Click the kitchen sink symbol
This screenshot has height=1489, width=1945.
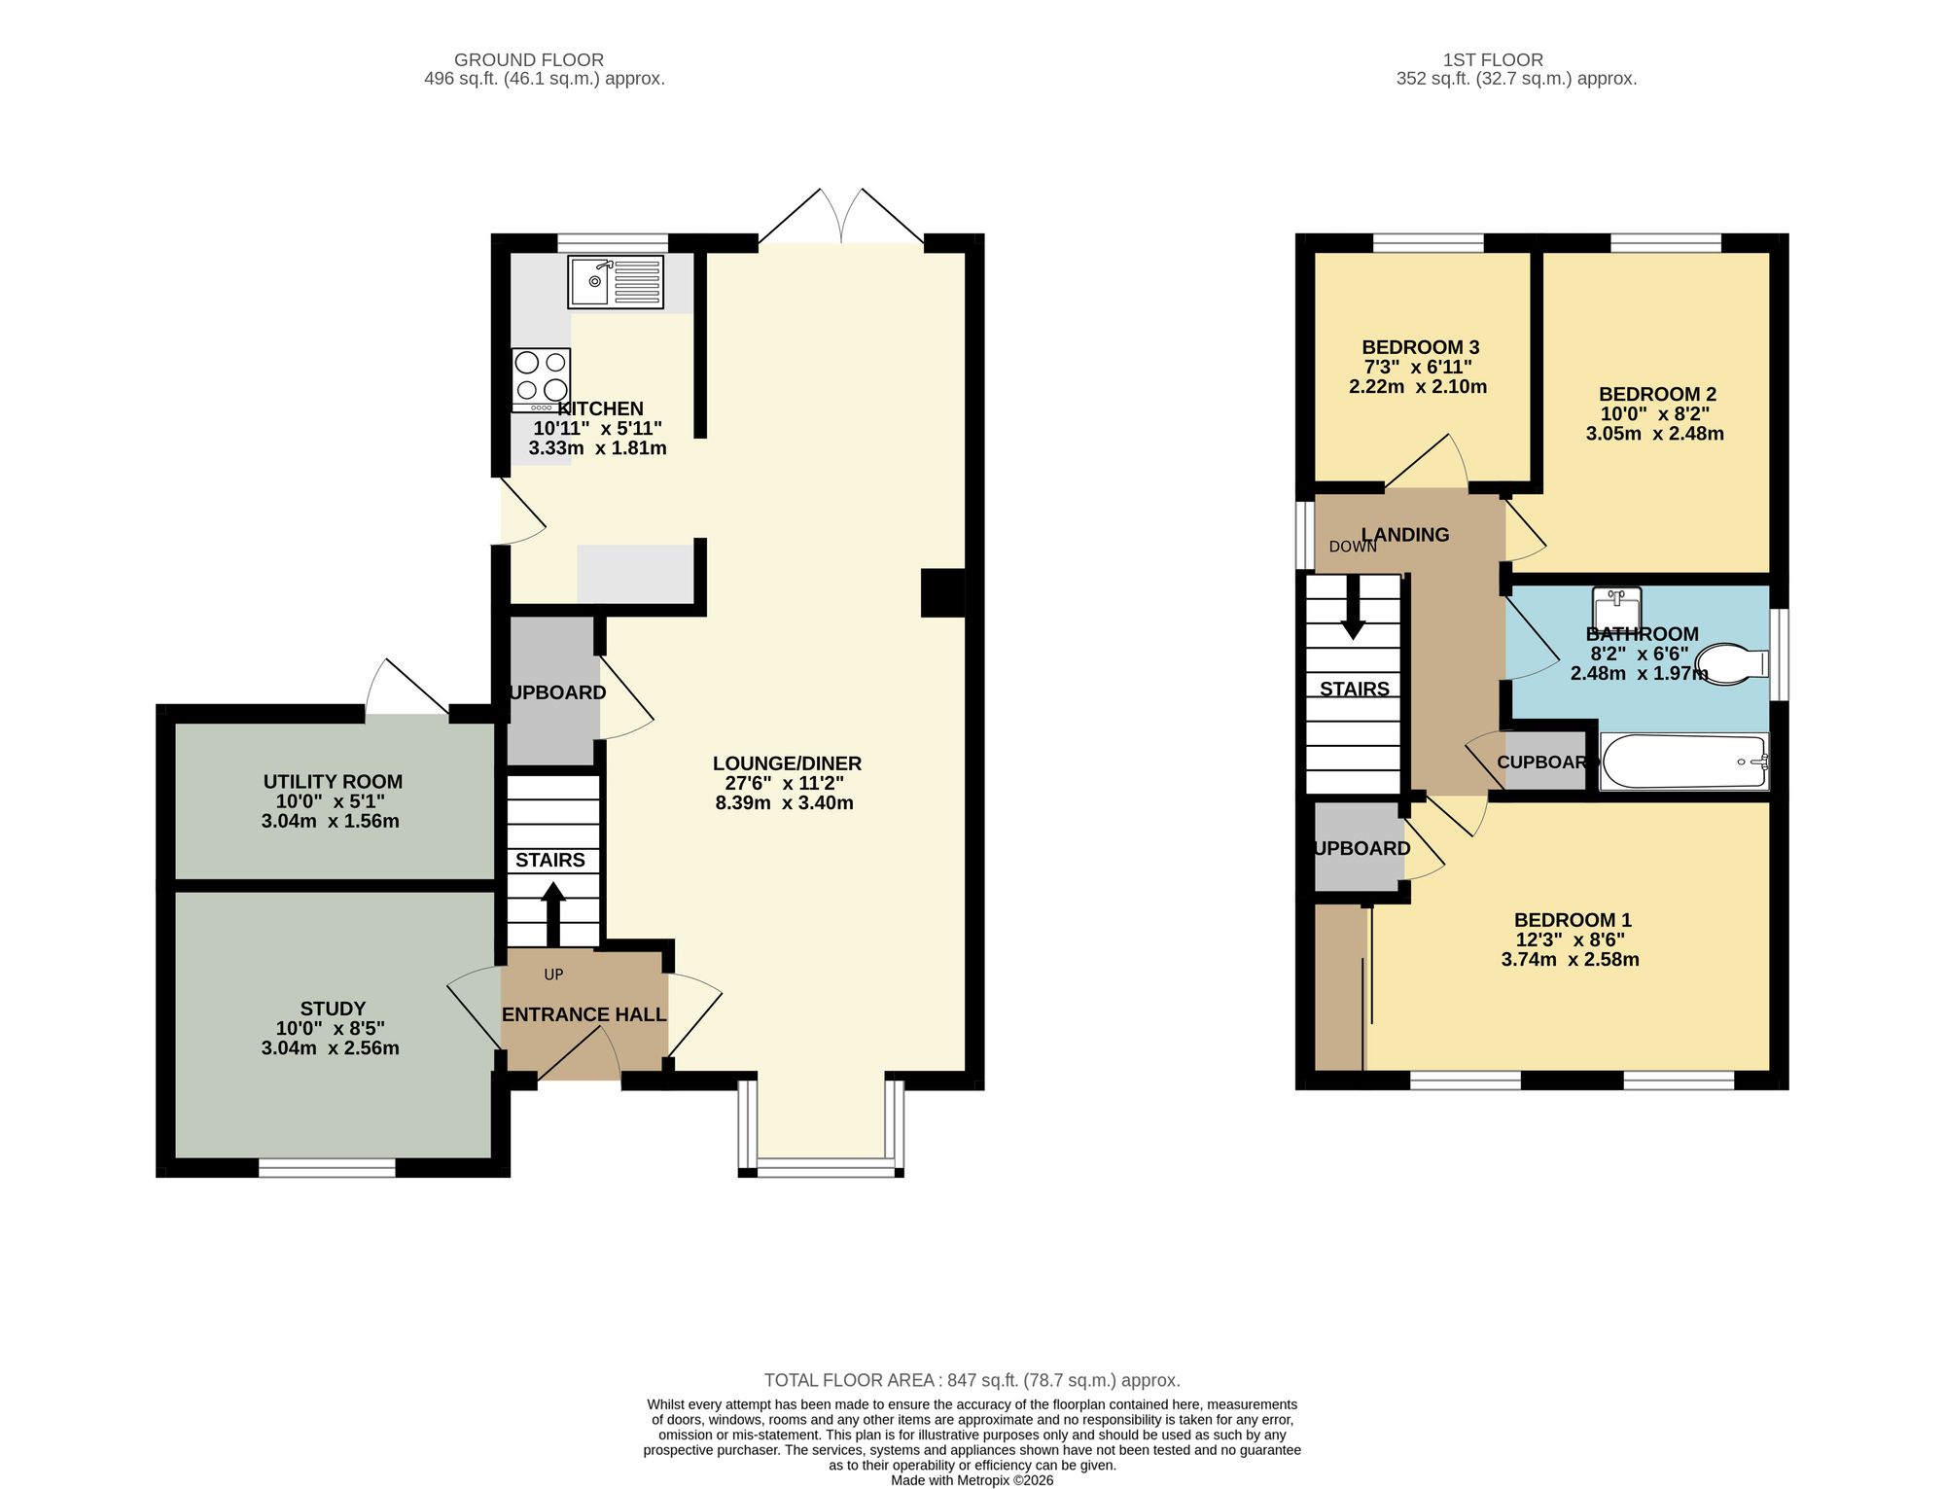pyautogui.click(x=615, y=282)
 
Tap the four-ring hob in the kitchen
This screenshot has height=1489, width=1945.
pyautogui.click(x=541, y=379)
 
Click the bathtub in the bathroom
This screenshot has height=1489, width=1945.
pyautogui.click(x=1683, y=762)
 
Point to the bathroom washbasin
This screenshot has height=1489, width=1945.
pyautogui.click(x=1617, y=607)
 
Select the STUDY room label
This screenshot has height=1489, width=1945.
pyautogui.click(x=333, y=1009)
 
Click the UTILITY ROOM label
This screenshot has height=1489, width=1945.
pyautogui.click(x=333, y=781)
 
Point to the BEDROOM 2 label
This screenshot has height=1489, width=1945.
pyautogui.click(x=1657, y=394)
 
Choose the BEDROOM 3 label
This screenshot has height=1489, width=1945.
pyautogui.click(x=1420, y=347)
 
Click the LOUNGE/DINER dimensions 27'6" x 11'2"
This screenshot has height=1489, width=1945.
pyautogui.click(x=784, y=783)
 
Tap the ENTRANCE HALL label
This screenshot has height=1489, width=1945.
pyautogui.click(x=583, y=1014)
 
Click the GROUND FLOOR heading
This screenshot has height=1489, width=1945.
pyautogui.click(x=528, y=60)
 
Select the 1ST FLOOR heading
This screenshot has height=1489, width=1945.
pyautogui.click(x=1493, y=60)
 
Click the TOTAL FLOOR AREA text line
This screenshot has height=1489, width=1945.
pyautogui.click(x=972, y=1380)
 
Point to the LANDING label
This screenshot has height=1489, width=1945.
pyautogui.click(x=1405, y=534)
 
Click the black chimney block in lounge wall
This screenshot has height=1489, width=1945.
pyautogui.click(x=942, y=592)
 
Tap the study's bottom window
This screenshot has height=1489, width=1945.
pyautogui.click(x=327, y=1167)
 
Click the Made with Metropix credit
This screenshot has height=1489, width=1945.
pyautogui.click(x=972, y=1480)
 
